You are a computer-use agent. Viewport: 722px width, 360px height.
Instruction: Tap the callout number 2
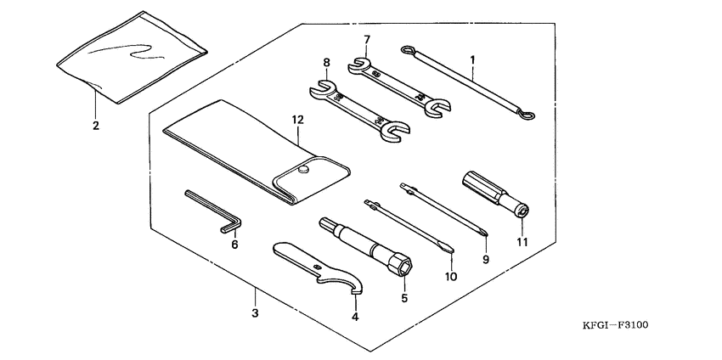coord(96,126)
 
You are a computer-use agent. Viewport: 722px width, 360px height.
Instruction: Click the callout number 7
coord(367,39)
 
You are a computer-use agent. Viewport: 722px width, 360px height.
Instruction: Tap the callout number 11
coord(522,242)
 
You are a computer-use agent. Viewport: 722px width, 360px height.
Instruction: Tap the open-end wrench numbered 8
coord(357,109)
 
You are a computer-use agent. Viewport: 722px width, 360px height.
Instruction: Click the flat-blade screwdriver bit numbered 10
coord(408,225)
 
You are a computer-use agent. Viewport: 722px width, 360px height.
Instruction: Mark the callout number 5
coord(404,298)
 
